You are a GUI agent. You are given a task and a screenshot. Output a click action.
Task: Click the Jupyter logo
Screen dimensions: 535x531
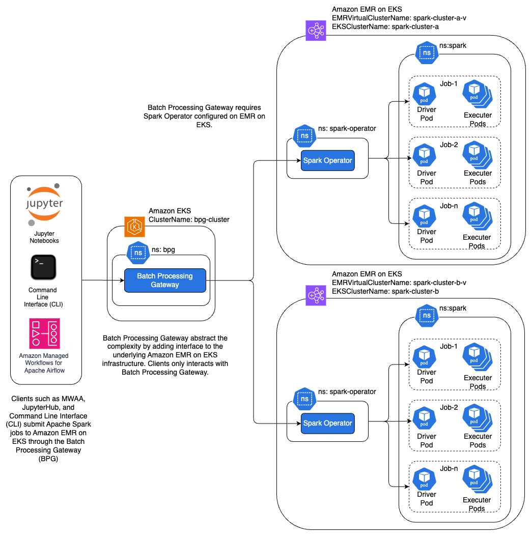44,205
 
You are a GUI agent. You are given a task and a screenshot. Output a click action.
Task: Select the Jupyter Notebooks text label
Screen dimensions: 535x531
44,237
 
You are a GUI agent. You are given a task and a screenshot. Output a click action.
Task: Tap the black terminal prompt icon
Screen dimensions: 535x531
43,267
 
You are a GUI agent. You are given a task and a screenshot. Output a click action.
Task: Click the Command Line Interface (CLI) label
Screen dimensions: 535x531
43,298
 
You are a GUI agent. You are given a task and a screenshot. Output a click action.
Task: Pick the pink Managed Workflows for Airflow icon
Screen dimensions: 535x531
44,333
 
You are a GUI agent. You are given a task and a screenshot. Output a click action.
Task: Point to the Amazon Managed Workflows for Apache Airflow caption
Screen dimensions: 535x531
44,363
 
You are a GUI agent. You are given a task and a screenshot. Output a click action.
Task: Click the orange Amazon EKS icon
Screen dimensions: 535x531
134,227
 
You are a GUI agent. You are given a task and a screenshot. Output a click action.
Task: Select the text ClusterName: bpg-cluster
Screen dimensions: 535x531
189,220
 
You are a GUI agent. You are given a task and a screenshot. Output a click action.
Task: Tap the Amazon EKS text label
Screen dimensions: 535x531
170,211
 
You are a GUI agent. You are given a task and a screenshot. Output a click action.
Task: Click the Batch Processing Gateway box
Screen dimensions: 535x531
165,280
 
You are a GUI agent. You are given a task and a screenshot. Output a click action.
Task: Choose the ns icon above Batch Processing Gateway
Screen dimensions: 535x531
138,252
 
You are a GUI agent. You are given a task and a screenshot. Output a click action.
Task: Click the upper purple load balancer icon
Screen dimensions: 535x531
316,31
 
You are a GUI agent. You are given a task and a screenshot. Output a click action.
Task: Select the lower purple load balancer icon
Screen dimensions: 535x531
316,295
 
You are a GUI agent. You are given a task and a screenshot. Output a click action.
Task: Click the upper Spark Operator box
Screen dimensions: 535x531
327,160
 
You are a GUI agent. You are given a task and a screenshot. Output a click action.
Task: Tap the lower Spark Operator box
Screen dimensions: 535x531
327,423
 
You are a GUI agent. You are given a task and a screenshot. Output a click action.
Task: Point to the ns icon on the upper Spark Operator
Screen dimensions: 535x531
304,136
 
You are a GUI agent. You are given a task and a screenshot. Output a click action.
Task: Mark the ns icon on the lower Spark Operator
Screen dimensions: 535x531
304,399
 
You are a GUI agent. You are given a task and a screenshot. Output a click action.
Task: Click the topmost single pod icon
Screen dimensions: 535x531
424,94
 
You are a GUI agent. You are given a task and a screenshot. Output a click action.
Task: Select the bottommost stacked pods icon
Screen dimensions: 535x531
477,478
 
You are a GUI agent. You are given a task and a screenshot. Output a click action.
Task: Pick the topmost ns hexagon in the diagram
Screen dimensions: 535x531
427,53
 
